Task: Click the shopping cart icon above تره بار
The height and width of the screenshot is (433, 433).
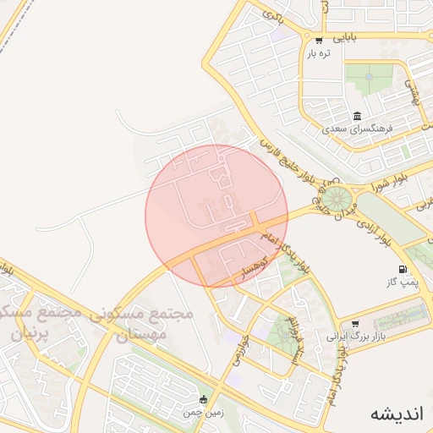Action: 318,40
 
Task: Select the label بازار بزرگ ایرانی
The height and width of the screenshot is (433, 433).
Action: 349,337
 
